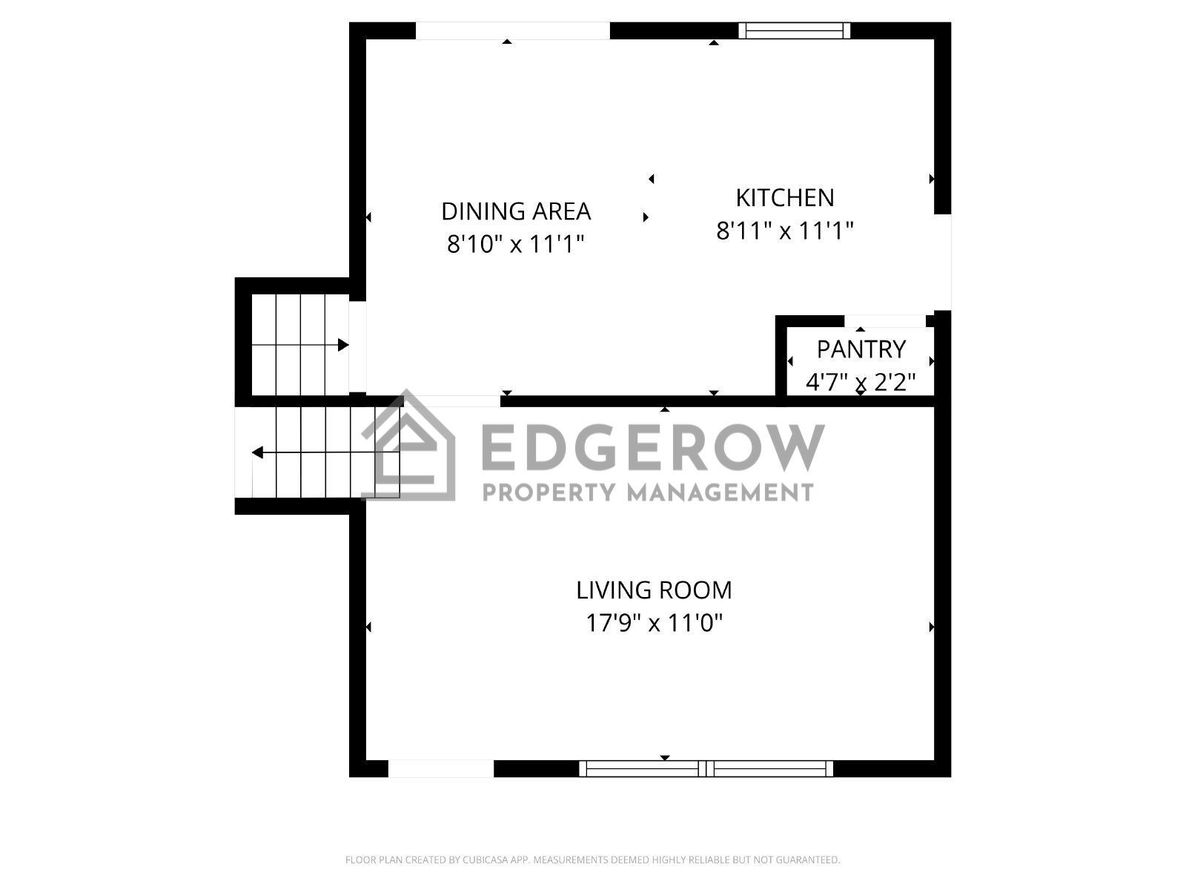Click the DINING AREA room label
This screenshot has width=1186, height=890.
pyautogui.click(x=516, y=211)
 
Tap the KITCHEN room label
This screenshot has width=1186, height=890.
pyautogui.click(x=784, y=198)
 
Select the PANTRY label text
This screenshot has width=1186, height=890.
pyautogui.click(x=861, y=349)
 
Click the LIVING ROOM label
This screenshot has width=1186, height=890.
pyautogui.click(x=654, y=590)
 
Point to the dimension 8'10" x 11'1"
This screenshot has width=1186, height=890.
pyautogui.click(x=516, y=244)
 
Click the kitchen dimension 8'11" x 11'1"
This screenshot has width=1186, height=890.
pyautogui.click(x=784, y=231)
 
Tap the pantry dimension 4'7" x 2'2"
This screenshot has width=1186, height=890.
pyautogui.click(x=861, y=383)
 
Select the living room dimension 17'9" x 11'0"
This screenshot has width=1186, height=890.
pyautogui.click(x=654, y=623)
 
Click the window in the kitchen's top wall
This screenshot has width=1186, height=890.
pyautogui.click(x=794, y=31)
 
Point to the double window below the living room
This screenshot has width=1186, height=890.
pyautogui.click(x=706, y=768)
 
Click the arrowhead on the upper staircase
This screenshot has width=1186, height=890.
pyautogui.click(x=343, y=345)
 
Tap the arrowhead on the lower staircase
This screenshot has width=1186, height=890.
pyautogui.click(x=258, y=452)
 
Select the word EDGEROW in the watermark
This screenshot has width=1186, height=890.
pyautogui.click(x=653, y=448)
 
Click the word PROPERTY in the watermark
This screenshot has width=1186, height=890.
pyautogui.click(x=548, y=492)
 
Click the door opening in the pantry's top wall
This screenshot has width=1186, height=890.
pyautogui.click(x=885, y=321)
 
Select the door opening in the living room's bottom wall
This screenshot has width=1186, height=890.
pyautogui.click(x=441, y=768)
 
